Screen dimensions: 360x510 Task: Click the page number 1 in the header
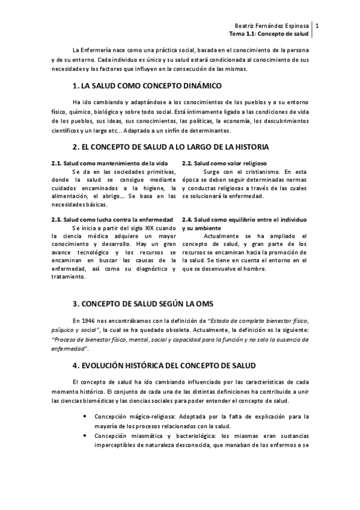pyautogui.click(x=317, y=25)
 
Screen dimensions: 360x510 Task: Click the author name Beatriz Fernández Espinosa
pyautogui.click(x=271, y=25)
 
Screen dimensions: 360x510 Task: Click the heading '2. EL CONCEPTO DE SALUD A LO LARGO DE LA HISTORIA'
pyautogui.click(x=171, y=147)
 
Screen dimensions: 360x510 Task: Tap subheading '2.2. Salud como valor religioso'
pyautogui.click(x=224, y=164)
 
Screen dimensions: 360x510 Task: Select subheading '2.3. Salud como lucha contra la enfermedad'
pyautogui.click(x=112, y=220)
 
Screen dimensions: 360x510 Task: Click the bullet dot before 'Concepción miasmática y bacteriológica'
pyautogui.click(x=89, y=435)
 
